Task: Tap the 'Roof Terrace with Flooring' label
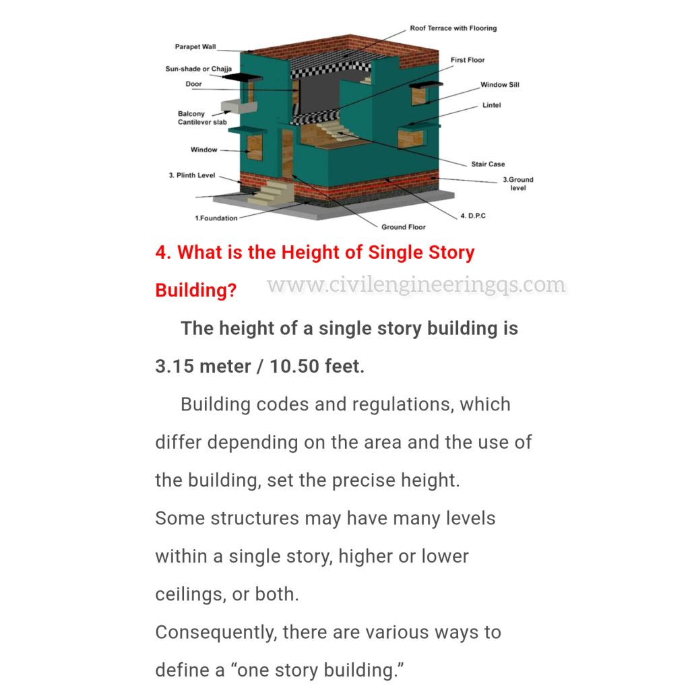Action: (x=453, y=28)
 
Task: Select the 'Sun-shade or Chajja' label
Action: (x=199, y=69)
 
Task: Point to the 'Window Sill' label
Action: (x=499, y=85)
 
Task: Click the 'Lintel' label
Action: (x=491, y=105)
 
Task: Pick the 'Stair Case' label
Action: (x=488, y=164)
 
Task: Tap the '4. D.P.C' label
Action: (x=472, y=216)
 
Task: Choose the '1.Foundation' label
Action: (x=216, y=218)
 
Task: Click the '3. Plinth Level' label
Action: (x=191, y=175)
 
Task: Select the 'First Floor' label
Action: (x=468, y=60)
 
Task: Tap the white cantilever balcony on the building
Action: (x=232, y=106)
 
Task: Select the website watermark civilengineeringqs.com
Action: (x=416, y=285)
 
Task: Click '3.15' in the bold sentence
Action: (x=177, y=367)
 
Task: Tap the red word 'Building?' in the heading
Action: (x=195, y=290)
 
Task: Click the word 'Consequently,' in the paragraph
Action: (x=216, y=633)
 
